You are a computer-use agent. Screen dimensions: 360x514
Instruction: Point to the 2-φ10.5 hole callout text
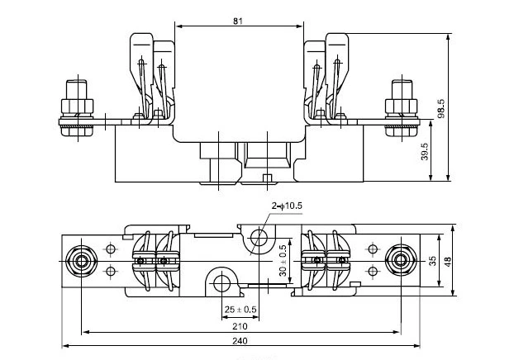pos(287,206)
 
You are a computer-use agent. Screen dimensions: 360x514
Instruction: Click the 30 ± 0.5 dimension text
pos(281,259)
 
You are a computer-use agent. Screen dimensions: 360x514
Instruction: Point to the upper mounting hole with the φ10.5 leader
pos(260,239)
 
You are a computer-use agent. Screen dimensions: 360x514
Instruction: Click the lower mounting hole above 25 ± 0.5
pos(221,282)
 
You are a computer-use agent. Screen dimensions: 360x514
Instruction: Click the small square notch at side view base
pos(265,178)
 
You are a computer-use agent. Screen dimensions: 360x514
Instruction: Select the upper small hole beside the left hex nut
pos(109,248)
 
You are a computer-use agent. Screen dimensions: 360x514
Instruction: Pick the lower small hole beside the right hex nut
pos(373,272)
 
